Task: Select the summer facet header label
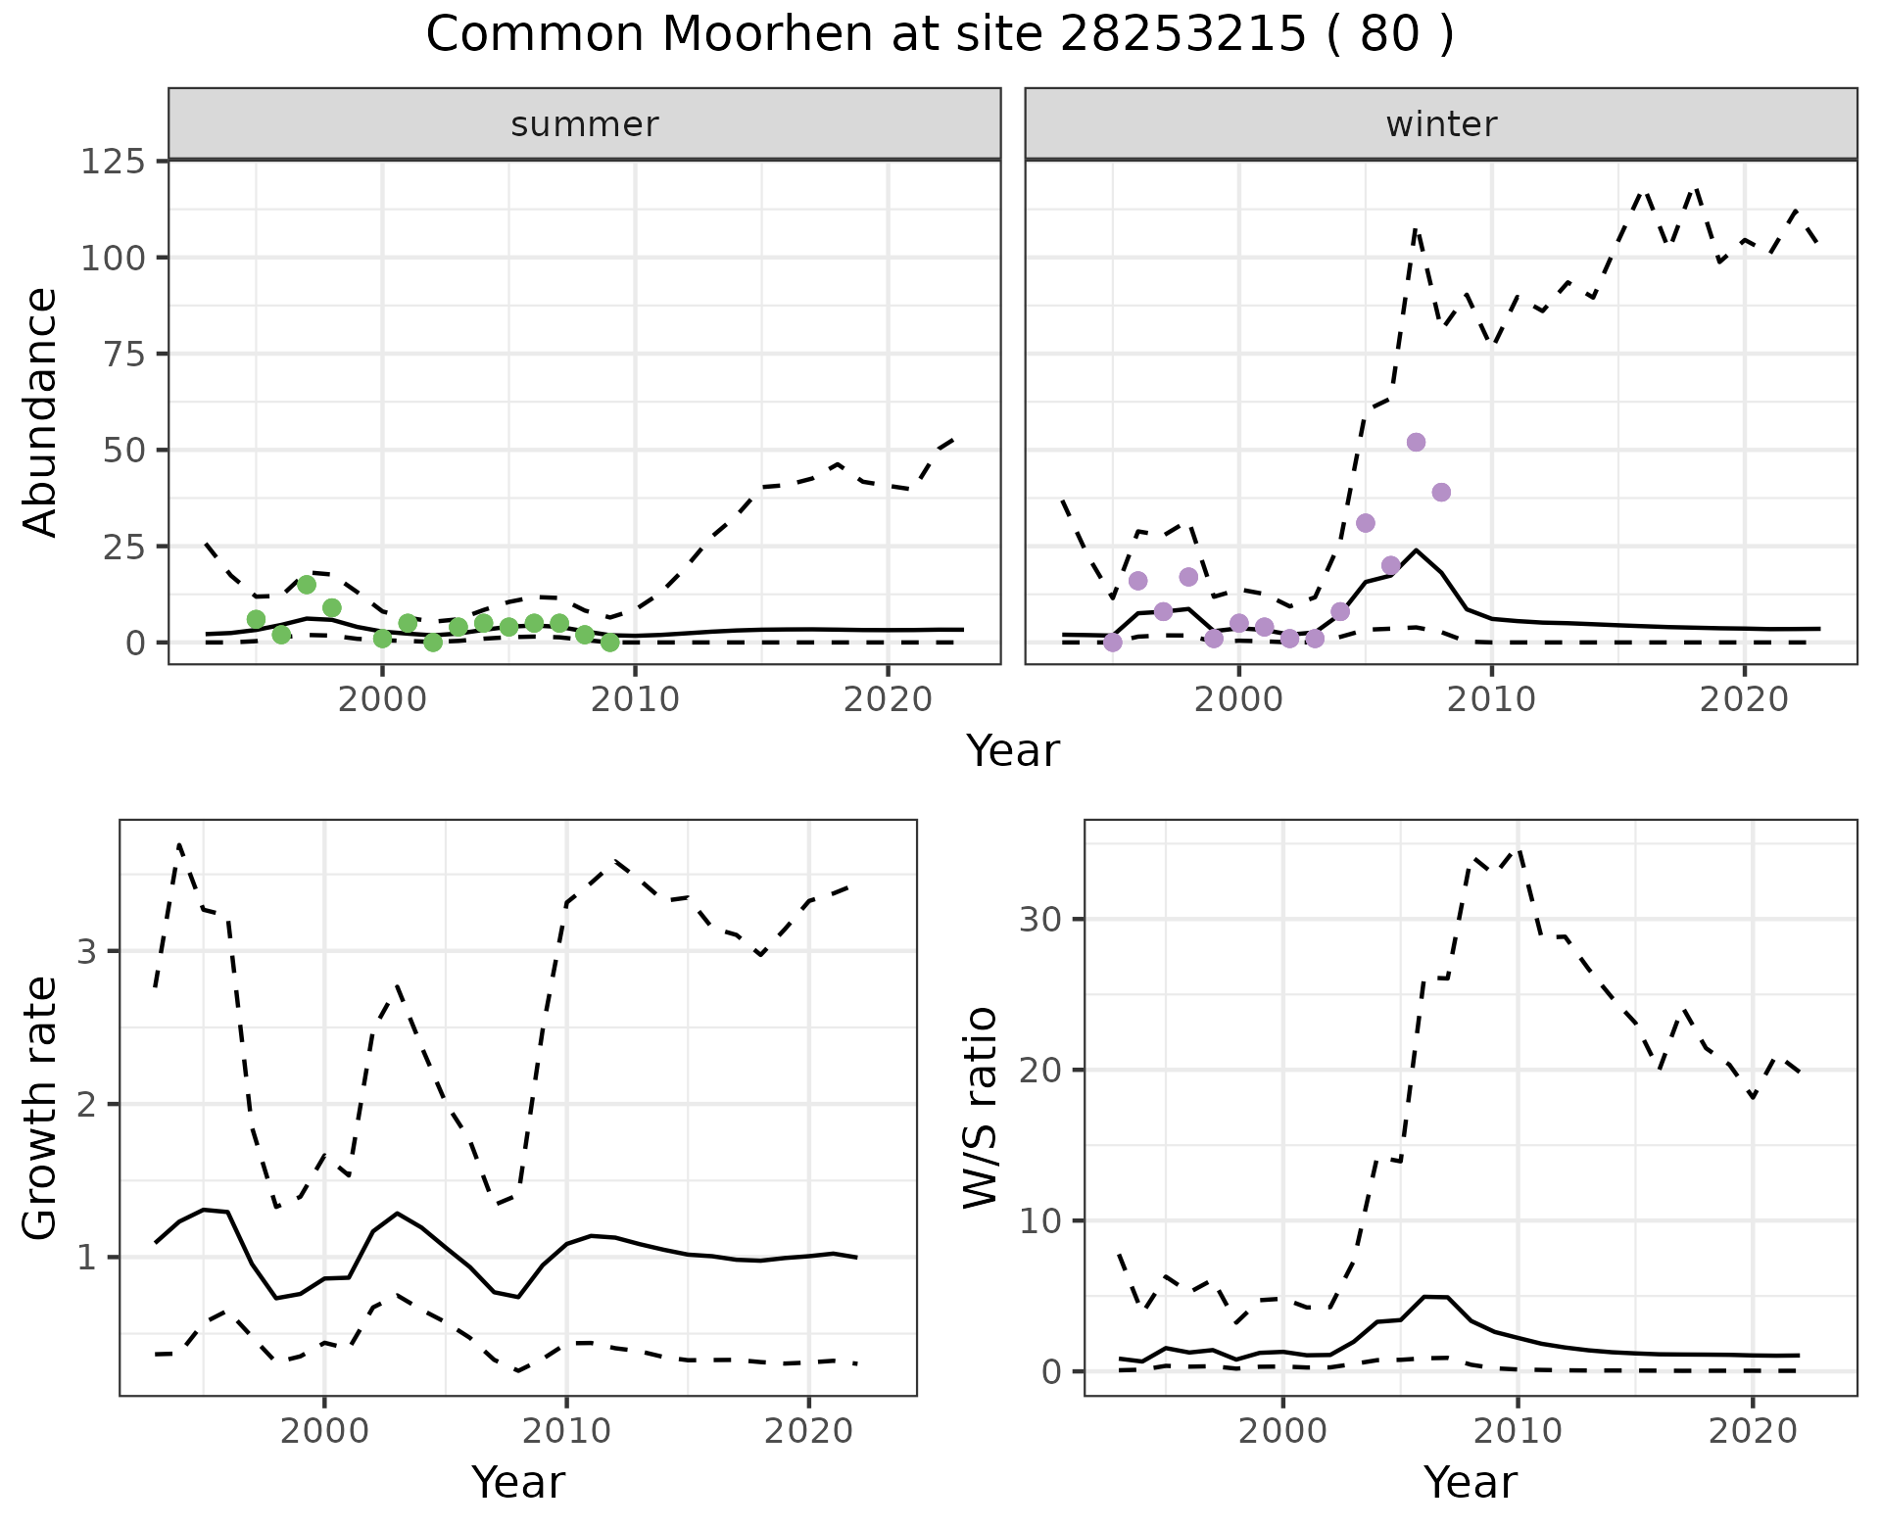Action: (x=585, y=124)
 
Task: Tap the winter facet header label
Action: (x=1441, y=124)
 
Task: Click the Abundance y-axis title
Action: (x=41, y=412)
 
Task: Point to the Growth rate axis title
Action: (x=41, y=1108)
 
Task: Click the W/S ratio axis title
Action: (x=981, y=1108)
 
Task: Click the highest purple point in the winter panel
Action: (x=1416, y=443)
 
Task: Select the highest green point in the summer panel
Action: (x=307, y=585)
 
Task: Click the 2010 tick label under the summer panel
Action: (x=635, y=700)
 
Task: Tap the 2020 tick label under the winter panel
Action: (x=1744, y=700)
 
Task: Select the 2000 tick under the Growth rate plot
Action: (x=324, y=1432)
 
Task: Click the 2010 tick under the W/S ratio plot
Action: (x=1518, y=1432)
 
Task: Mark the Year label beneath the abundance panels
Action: (x=1013, y=751)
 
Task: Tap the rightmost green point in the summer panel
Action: (x=609, y=643)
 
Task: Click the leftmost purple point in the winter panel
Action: (x=1113, y=643)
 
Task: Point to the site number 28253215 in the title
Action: (x=1183, y=35)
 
